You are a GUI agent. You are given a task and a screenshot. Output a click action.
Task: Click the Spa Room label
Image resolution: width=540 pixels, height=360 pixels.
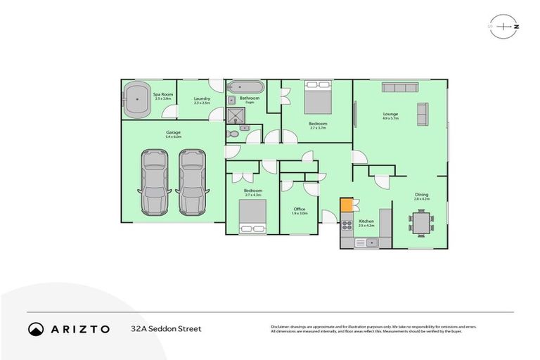(163, 96)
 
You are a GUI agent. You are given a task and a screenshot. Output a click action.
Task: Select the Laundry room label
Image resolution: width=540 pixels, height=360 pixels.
(202, 101)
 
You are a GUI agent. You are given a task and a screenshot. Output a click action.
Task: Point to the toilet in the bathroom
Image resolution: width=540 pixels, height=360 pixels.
(233, 133)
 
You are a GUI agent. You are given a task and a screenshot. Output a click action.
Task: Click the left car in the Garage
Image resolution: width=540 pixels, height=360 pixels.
(154, 182)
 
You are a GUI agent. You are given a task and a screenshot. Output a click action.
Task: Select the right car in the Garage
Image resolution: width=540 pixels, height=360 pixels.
(191, 182)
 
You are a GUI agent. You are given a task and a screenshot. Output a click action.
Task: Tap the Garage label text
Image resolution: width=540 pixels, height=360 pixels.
(173, 134)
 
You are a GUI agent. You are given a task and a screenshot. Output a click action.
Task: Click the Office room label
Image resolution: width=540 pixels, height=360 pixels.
(298, 210)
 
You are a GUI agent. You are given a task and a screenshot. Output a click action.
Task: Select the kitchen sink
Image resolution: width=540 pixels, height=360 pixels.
(367, 243)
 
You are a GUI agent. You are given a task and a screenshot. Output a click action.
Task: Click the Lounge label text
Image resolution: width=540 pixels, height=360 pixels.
(390, 115)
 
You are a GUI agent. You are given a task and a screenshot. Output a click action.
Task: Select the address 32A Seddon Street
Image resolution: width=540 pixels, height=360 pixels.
(166, 328)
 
